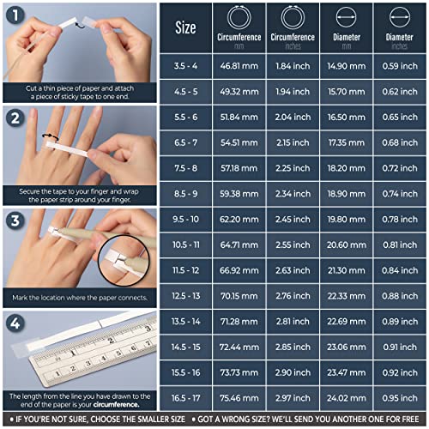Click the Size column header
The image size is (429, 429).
tap(185, 27)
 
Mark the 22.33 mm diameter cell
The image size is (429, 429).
tap(346, 296)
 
